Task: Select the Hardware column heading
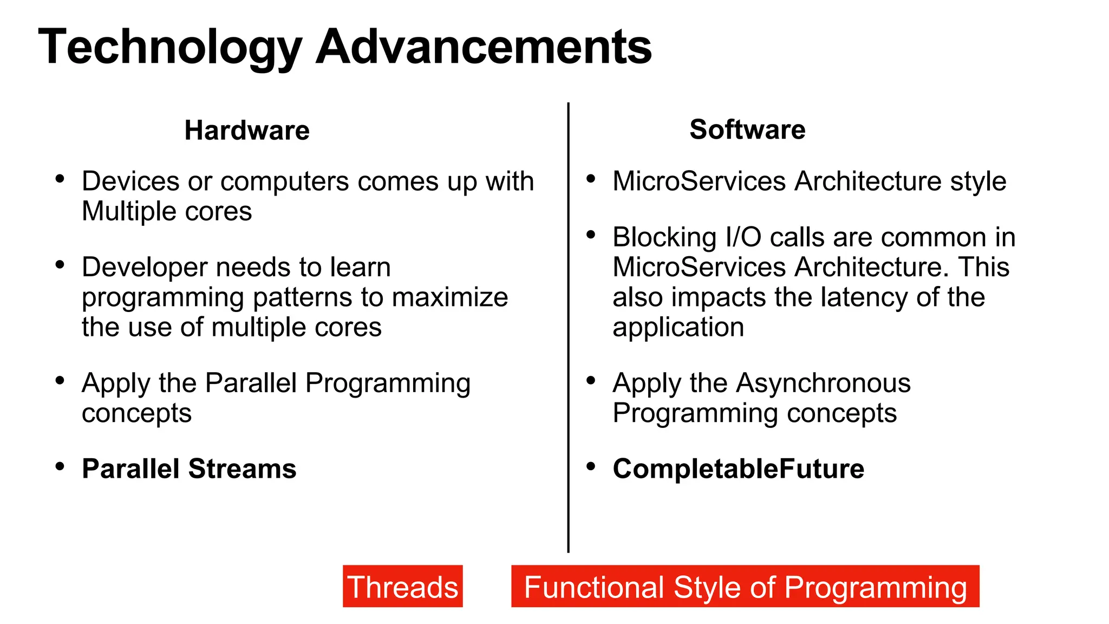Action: coord(247,131)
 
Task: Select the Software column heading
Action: coord(747,130)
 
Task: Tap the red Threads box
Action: coord(402,587)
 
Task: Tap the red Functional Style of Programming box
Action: coord(745,587)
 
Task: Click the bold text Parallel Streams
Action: coord(189,469)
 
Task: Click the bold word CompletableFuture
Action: coord(738,469)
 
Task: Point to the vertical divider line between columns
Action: coord(568,325)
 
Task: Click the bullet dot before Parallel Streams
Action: coord(60,466)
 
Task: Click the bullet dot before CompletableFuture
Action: coord(591,466)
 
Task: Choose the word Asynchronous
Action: coord(823,383)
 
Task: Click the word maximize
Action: coord(449,297)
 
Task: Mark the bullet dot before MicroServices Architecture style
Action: coord(591,179)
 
